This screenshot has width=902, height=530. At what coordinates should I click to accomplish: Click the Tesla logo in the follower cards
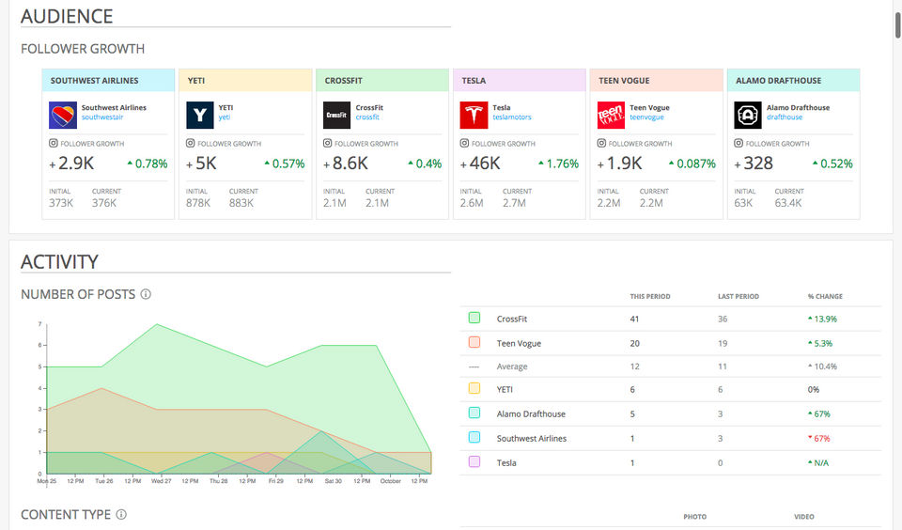[474, 116]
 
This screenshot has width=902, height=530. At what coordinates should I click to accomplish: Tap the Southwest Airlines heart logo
[63, 116]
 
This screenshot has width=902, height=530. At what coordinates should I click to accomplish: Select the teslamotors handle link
[511, 117]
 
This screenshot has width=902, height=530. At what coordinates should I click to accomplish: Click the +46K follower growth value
[479, 164]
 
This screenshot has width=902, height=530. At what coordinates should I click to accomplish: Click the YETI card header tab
[245, 81]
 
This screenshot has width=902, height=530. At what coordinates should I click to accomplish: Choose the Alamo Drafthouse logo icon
[748, 116]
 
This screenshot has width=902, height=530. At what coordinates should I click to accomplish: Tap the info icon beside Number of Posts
[146, 294]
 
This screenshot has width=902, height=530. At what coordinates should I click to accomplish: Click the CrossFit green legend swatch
[474, 319]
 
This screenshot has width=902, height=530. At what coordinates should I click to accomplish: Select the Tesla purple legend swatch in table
[474, 462]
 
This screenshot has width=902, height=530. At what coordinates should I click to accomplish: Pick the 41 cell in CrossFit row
[634, 319]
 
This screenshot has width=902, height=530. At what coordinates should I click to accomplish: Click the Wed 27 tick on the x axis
[161, 481]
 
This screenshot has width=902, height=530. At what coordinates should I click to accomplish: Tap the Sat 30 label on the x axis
[333, 481]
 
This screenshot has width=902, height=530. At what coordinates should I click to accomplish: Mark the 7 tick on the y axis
[39, 324]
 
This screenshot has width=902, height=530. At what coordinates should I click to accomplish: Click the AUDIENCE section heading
[67, 17]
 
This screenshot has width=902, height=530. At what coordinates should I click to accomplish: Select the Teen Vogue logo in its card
[611, 116]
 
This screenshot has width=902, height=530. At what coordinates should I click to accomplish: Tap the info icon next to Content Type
[121, 515]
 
